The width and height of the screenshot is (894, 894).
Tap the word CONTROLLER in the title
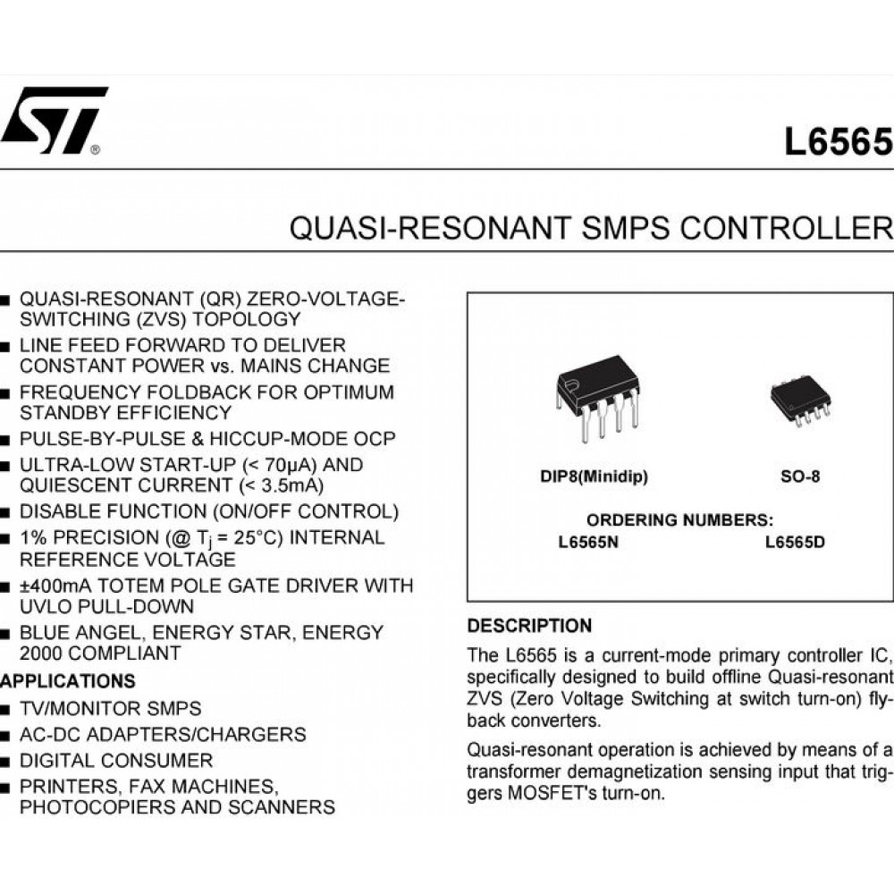(788, 228)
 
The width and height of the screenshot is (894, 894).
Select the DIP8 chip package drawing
(594, 397)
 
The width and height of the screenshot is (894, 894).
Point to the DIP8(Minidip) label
(594, 477)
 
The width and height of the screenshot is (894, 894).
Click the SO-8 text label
(800, 477)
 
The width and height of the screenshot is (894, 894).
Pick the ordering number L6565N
(588, 542)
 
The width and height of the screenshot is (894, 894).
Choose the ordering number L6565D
(795, 542)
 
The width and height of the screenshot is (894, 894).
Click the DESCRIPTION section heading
(529, 626)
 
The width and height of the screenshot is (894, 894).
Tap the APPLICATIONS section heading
(68, 681)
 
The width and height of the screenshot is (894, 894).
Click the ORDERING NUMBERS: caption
(679, 520)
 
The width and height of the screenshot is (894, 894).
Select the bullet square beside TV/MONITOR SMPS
(7, 710)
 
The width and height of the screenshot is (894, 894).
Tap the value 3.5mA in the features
(283, 485)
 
